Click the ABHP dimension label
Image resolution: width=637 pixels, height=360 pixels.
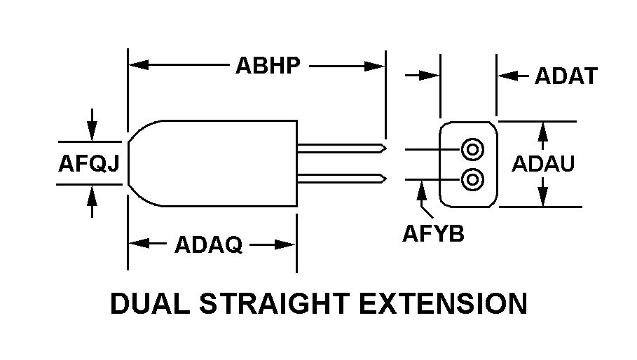268,65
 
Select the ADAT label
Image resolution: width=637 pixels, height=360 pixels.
566,76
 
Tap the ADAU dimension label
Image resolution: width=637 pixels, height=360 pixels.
543,164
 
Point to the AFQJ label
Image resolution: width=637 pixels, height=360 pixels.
89,164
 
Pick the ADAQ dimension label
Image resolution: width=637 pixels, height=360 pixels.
208,244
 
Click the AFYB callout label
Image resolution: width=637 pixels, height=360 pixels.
433,234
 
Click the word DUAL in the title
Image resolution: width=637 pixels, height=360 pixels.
150,303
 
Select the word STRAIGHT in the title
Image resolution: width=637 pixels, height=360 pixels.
275,303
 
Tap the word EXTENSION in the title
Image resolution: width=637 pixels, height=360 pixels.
443,303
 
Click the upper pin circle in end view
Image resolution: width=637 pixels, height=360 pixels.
472,149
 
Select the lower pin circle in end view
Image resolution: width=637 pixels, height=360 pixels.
472,179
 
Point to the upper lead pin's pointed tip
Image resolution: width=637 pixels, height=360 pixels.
386,148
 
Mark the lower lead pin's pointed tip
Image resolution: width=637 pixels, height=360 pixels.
386,179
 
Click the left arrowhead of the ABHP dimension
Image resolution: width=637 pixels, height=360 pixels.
138,65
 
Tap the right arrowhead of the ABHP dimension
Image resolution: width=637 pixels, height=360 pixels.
375,66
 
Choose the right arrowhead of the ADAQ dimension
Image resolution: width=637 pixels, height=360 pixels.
285,244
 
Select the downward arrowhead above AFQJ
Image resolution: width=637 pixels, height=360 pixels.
93,131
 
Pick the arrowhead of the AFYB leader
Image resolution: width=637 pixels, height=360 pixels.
422,191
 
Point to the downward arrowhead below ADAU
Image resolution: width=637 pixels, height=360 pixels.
543,196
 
